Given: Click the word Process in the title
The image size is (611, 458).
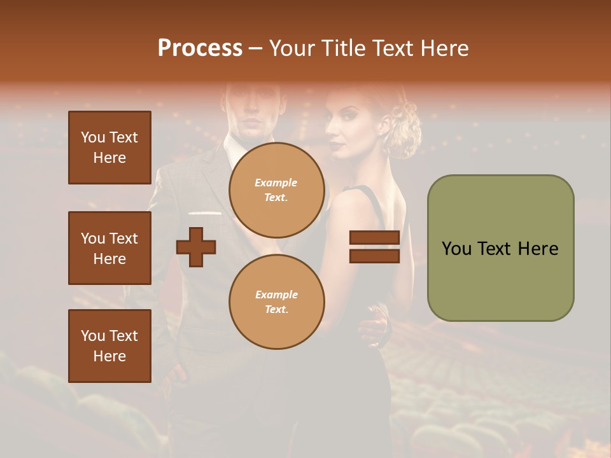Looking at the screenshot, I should click(x=200, y=48).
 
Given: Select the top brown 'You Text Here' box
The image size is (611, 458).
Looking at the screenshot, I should click(x=109, y=148).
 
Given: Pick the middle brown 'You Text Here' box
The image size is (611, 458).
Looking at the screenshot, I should click(x=109, y=248).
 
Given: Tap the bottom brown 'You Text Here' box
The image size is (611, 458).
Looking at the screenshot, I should click(x=109, y=346).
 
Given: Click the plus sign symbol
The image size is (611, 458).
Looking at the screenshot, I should click(x=196, y=247).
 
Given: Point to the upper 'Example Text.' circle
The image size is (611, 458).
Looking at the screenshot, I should click(x=276, y=190).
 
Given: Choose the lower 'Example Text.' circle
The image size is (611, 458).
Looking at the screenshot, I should click(x=276, y=302).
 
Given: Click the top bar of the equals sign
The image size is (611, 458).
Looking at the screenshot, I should click(x=374, y=237).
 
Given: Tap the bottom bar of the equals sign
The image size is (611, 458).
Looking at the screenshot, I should click(x=374, y=256).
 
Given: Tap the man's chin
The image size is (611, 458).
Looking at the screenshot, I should click(x=253, y=130).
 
